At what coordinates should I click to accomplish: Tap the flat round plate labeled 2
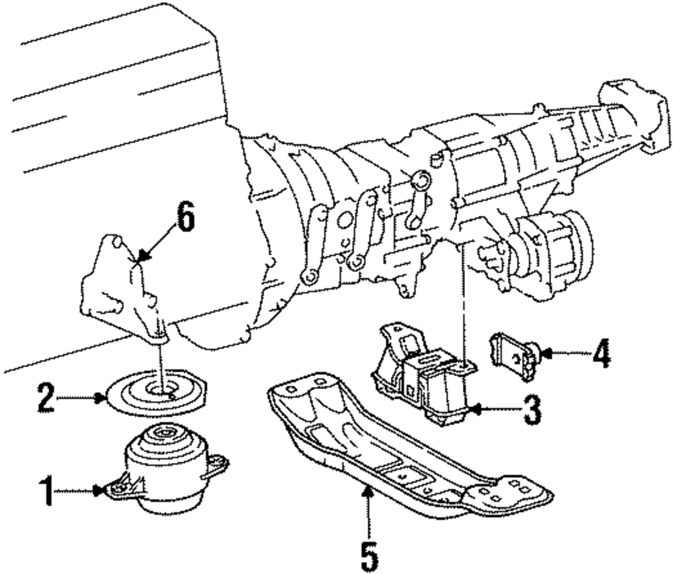click(x=156, y=394)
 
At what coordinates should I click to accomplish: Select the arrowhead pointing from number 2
click(x=104, y=398)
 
